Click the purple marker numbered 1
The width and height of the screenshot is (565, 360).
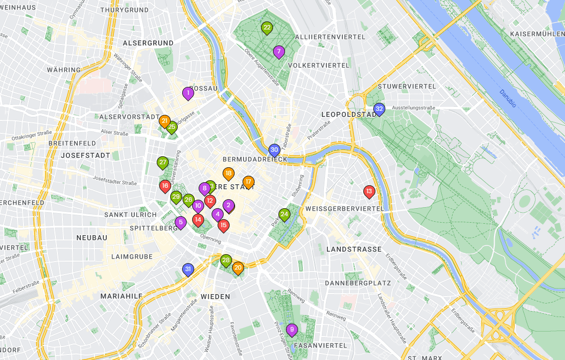point(188,93)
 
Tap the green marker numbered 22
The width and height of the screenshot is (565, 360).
point(267,28)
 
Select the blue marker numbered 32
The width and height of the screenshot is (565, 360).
point(379,109)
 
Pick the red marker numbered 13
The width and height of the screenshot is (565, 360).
point(369,191)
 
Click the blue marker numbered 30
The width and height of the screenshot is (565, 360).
point(274,150)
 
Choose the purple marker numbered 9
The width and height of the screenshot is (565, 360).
point(292,330)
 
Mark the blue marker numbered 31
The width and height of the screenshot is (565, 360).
point(188,270)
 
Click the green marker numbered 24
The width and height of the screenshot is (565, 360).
point(284,215)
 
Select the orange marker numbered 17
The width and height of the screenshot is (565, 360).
point(248,182)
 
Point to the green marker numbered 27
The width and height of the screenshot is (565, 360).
point(163,162)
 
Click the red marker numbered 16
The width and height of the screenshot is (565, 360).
point(165,186)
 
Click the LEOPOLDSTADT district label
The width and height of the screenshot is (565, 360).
point(349,114)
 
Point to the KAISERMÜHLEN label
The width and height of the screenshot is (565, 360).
point(537,34)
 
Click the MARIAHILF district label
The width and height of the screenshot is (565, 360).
point(121,296)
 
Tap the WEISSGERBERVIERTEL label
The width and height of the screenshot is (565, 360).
point(345,208)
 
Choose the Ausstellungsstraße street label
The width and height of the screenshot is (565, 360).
point(414,108)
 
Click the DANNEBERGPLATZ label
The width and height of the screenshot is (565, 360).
point(357,283)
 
